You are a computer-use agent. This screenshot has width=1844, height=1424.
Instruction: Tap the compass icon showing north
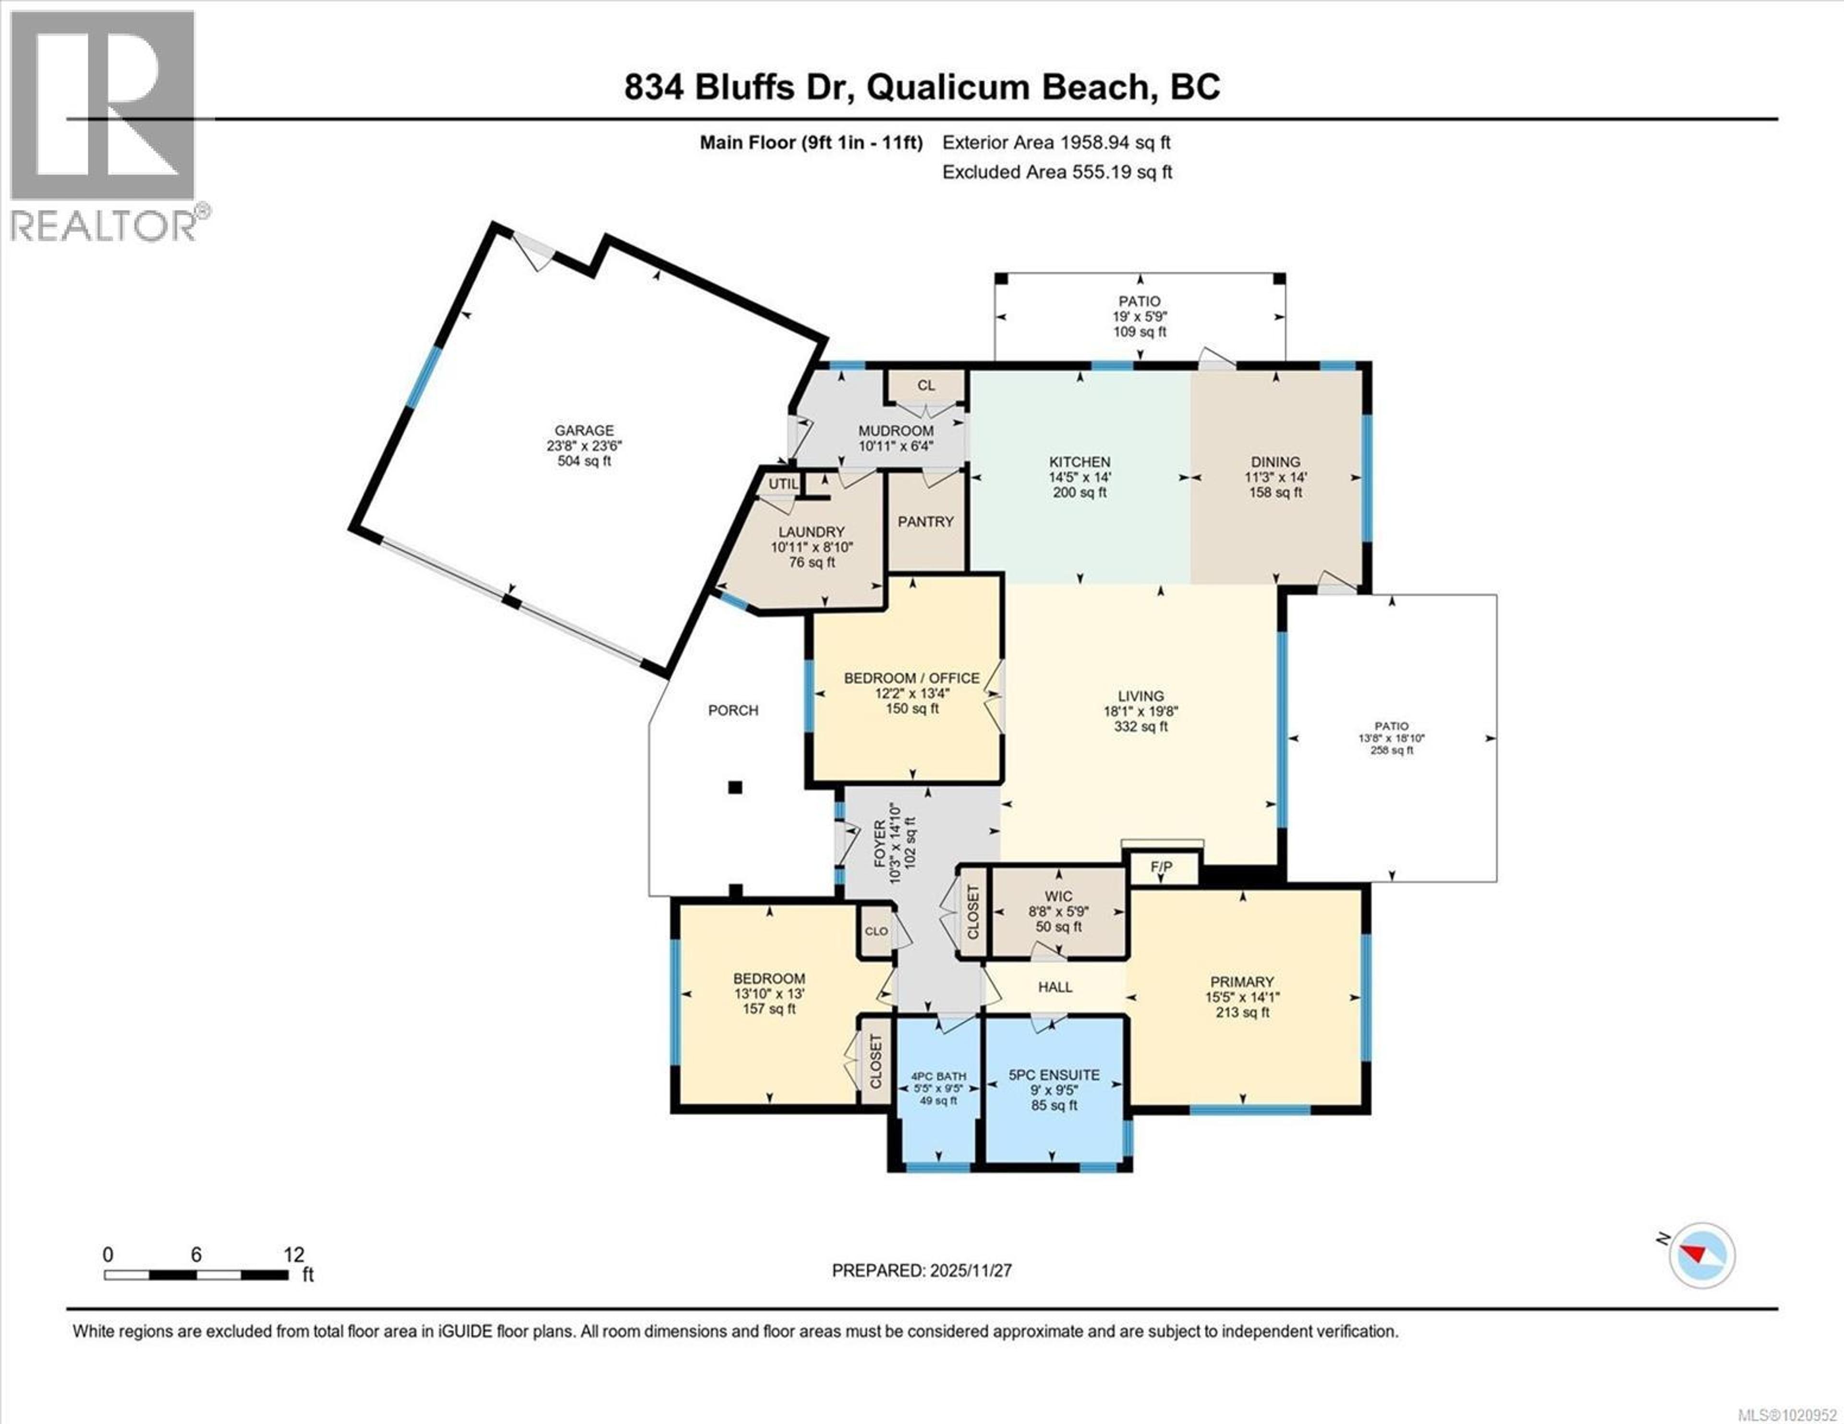[x=1701, y=1279]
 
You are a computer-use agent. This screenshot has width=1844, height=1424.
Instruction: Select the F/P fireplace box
[x=1163, y=868]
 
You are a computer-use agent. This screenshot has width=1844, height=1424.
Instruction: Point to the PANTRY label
[x=925, y=522]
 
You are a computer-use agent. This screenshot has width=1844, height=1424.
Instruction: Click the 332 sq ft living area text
[x=1140, y=727]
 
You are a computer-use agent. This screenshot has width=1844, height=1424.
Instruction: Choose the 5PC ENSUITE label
[x=1055, y=1076]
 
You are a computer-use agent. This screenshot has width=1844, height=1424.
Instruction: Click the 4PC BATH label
[x=938, y=1077]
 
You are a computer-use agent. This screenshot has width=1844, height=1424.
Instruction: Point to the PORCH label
[x=733, y=711]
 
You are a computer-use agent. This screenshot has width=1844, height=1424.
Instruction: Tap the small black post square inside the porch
[x=735, y=788]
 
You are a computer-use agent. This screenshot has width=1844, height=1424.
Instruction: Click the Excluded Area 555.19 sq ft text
[x=1057, y=172]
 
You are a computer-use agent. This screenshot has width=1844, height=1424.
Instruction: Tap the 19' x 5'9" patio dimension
[x=1140, y=317]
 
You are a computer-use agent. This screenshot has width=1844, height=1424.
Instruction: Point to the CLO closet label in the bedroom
[x=876, y=931]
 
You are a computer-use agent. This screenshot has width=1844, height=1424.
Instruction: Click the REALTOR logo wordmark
[x=106, y=226]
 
